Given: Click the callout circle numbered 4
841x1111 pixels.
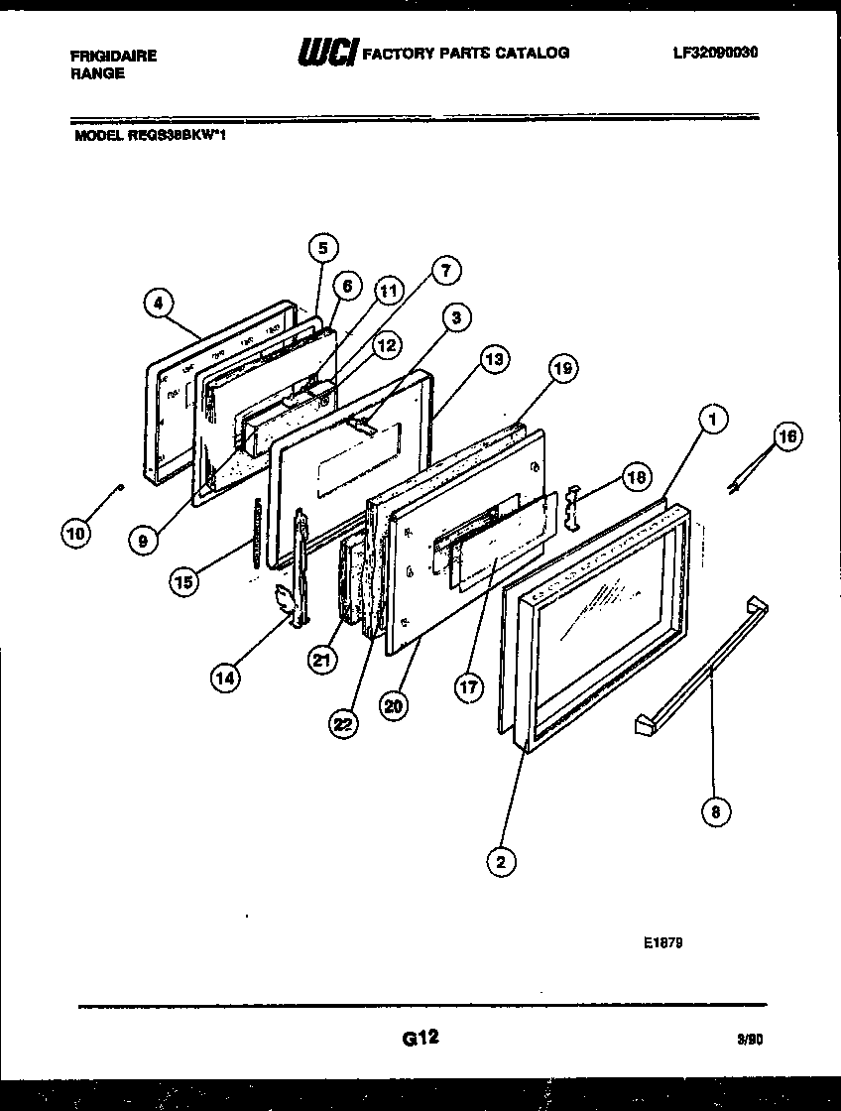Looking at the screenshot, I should click(158, 304).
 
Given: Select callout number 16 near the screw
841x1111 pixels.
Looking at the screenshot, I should click(786, 436).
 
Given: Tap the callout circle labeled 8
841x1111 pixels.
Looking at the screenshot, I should click(715, 811).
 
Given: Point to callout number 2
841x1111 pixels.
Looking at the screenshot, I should click(501, 862).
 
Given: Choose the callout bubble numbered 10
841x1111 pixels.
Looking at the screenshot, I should click(75, 533).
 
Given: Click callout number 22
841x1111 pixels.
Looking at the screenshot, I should click(343, 725).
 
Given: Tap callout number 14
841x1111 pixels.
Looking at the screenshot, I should click(225, 678).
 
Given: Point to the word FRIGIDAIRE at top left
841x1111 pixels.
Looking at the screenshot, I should click(114, 57).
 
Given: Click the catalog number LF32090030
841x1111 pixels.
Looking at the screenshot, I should click(715, 53).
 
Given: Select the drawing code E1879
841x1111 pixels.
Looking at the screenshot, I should click(661, 942).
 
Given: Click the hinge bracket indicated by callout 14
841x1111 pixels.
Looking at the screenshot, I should click(287, 605).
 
